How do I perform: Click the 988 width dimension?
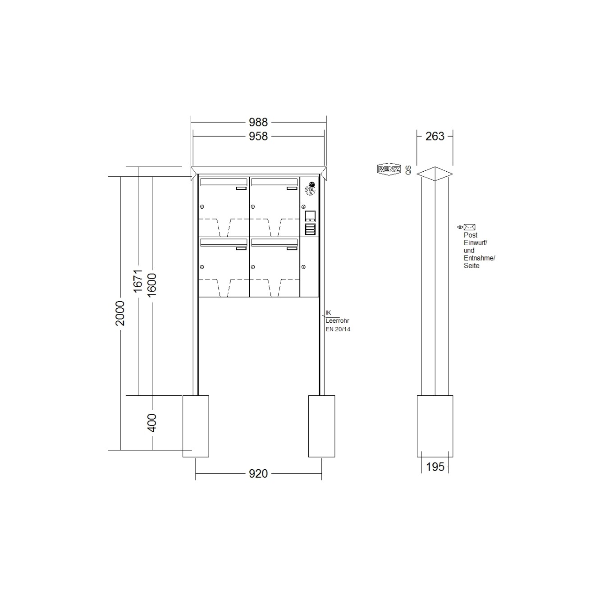tap(258, 123)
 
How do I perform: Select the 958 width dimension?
tap(258, 136)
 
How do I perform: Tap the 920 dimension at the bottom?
tap(258, 474)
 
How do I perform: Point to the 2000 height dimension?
tap(120, 313)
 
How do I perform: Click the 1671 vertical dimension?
tap(138, 281)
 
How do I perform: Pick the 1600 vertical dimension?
tap(151, 285)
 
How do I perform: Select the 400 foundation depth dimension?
tap(151, 423)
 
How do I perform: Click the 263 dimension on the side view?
tap(435, 136)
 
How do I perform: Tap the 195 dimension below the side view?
tap(435, 467)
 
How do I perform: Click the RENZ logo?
tap(389, 169)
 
